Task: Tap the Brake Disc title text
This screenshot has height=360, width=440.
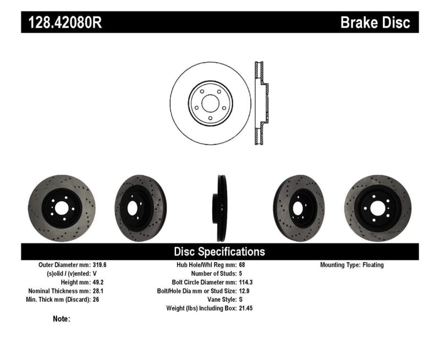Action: click(x=375, y=23)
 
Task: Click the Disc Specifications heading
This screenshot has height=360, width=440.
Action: click(x=219, y=252)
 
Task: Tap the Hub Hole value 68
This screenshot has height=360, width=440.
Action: click(x=243, y=265)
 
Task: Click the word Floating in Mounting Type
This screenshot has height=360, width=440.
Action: click(x=373, y=265)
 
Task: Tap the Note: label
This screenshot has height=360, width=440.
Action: click(x=62, y=319)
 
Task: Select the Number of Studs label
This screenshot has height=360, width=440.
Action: click(x=213, y=273)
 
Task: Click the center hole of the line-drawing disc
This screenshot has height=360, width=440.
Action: click(x=210, y=103)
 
